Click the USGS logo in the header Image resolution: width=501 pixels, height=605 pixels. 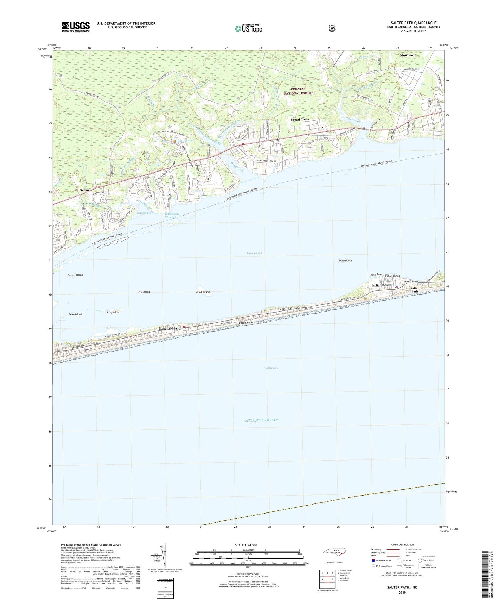[76, 27]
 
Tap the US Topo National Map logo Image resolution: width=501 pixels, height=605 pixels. [249, 28]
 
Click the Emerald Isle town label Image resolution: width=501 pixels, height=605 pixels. [170, 328]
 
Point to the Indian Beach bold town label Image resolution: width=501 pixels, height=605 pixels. [381, 285]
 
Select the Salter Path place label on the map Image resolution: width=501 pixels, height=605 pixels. [415, 290]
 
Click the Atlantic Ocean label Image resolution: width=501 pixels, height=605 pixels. [262, 420]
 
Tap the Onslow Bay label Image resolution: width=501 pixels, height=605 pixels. [271, 368]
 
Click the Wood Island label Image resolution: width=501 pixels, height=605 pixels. [202, 292]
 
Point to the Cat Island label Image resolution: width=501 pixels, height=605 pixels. [144, 292]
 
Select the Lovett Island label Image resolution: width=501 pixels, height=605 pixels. [75, 275]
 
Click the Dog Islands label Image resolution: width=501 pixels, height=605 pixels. [345, 260]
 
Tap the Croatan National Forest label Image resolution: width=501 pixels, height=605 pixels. [298, 91]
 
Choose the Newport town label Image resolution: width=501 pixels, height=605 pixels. [407, 55]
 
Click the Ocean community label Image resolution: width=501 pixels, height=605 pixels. [84, 190]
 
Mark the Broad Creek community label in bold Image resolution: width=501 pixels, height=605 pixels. [300, 119]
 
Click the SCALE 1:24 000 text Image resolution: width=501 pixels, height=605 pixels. [246, 545]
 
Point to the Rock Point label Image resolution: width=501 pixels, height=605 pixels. [376, 274]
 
